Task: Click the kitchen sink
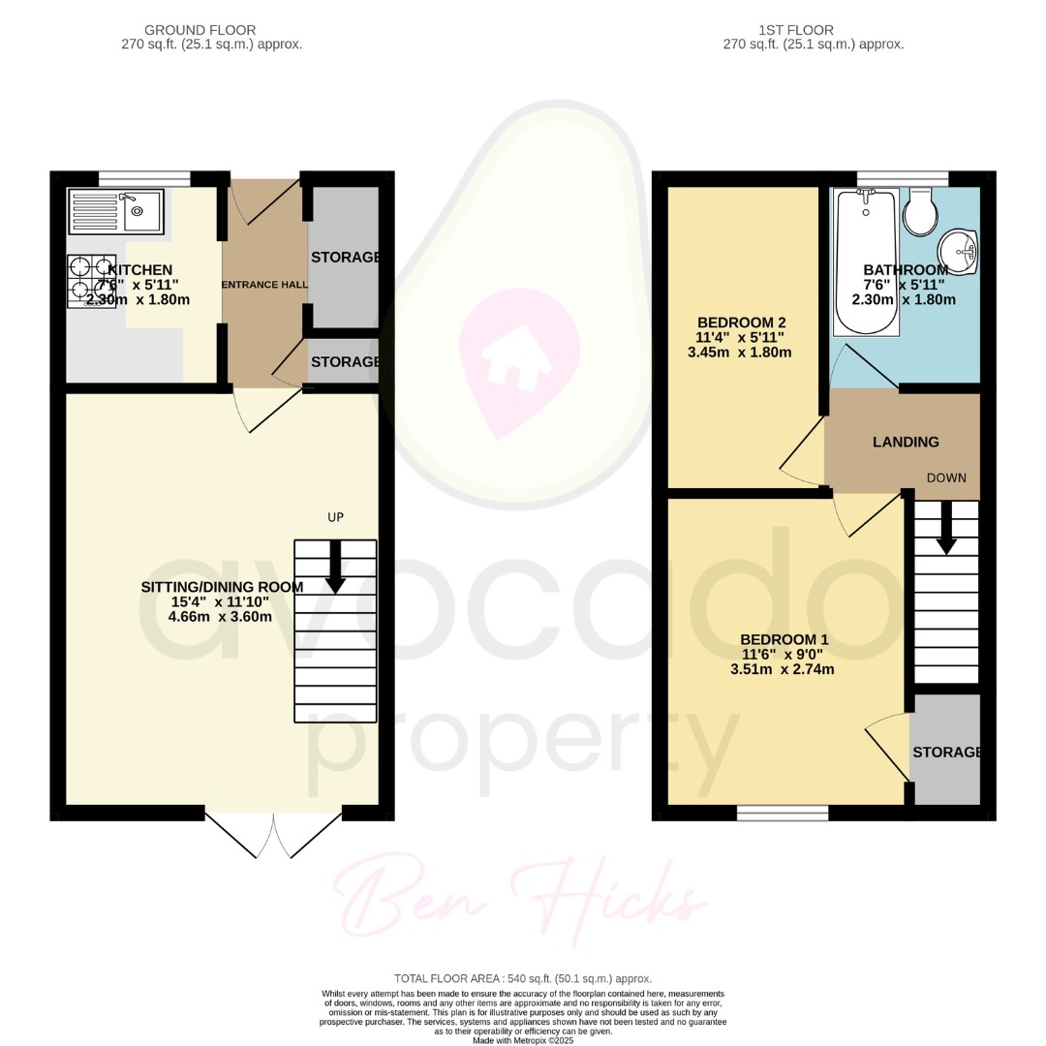(116, 211)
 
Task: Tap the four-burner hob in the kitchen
(91, 280)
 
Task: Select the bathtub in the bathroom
(867, 261)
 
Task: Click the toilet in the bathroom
(919, 211)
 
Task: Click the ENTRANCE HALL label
(265, 285)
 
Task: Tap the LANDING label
(906, 442)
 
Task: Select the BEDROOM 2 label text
(741, 323)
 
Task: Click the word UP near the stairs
(335, 517)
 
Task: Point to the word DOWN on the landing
(946, 477)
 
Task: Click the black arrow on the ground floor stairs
(335, 567)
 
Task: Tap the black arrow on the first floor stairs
(946, 529)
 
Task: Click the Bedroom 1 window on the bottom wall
(783, 813)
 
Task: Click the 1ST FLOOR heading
(813, 30)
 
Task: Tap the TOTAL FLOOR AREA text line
(522, 978)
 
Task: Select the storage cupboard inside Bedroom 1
(946, 750)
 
